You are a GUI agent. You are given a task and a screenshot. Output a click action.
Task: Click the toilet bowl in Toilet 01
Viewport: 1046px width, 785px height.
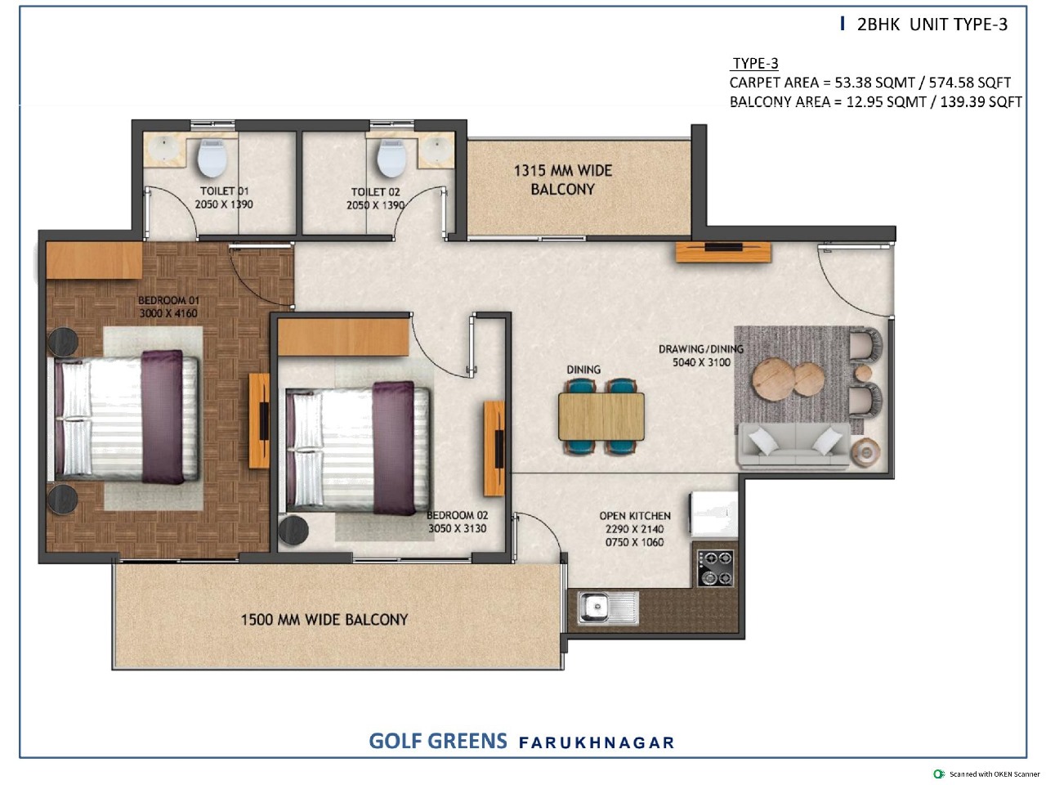tap(211, 159)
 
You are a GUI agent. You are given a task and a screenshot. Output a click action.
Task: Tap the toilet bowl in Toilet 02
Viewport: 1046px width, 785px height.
tap(391, 159)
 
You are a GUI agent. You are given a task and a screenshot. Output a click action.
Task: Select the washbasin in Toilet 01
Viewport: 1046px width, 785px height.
tap(163, 148)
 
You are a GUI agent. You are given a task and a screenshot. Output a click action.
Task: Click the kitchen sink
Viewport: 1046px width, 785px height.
tap(608, 608)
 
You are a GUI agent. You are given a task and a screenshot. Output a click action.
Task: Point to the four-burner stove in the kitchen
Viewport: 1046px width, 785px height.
tap(715, 567)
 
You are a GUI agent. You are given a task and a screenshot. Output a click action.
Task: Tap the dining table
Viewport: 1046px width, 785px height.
tap(601, 416)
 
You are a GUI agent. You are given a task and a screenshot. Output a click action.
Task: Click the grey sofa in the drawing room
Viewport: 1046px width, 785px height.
tap(793, 445)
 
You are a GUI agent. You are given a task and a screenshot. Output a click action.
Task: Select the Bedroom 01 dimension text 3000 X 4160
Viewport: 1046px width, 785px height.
tap(168, 314)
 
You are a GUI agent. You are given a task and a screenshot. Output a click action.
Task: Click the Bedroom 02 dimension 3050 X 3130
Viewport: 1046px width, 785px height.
tap(457, 528)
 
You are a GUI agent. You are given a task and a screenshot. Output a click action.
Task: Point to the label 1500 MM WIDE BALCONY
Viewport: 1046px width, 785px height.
tap(324, 620)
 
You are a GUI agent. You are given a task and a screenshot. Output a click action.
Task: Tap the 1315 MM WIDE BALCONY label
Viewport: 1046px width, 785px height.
tap(563, 180)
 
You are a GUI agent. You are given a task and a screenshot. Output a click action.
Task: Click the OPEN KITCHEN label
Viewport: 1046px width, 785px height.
tap(635, 516)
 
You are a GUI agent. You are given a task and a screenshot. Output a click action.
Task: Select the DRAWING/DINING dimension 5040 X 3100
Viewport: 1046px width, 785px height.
tap(701, 362)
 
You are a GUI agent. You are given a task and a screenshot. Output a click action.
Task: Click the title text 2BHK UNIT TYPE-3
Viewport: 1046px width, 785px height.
tap(932, 25)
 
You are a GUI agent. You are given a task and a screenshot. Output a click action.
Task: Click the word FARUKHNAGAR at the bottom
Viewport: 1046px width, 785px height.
tap(597, 742)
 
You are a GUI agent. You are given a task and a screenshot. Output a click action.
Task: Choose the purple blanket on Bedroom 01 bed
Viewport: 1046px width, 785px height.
tap(162, 417)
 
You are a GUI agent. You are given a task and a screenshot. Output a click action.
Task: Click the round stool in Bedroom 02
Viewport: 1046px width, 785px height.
tap(293, 530)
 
